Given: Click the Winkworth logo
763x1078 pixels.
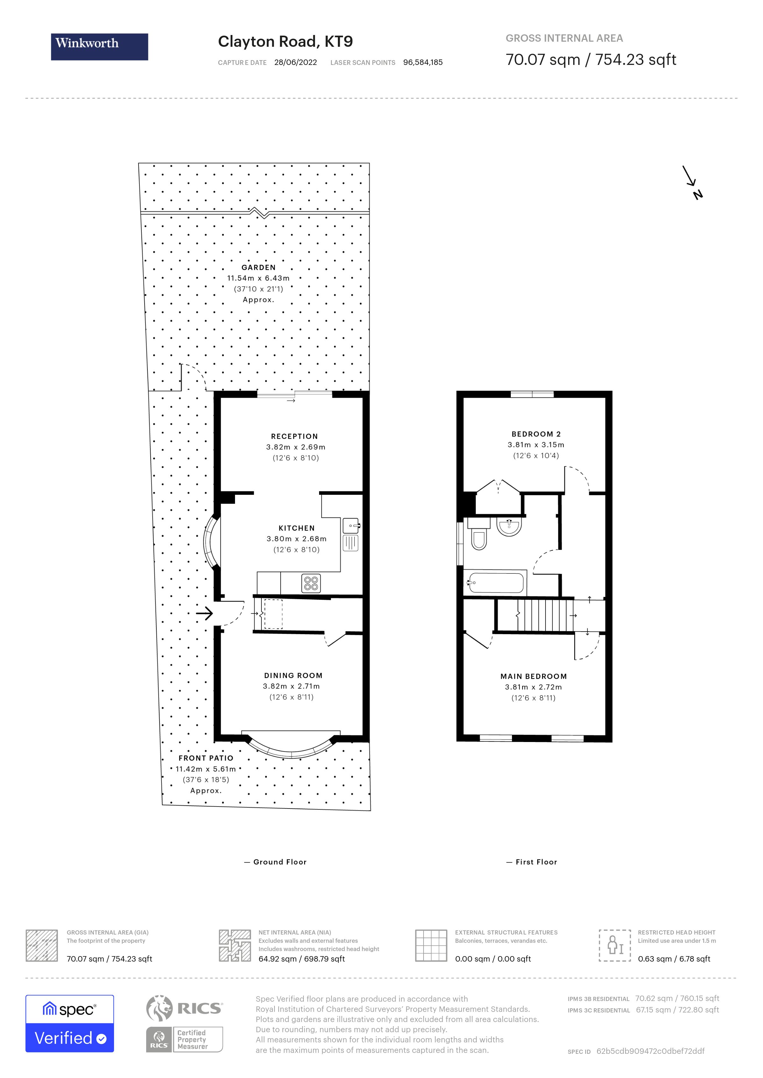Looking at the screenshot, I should pos(99,46).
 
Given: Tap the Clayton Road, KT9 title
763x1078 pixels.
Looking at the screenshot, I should pos(285,42).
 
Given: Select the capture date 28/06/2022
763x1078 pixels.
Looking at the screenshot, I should pos(296,62).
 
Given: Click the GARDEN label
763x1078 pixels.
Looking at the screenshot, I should pos(258,268).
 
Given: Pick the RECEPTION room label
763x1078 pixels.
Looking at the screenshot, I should pos(295,437).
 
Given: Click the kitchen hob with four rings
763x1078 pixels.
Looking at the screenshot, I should pos(311,583).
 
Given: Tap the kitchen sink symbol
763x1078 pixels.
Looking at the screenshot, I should pos(351,525).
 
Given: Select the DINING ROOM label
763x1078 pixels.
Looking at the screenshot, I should pos(293,675).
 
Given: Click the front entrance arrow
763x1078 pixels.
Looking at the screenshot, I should pos(204,613).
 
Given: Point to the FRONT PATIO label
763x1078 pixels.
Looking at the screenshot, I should pos(206,758).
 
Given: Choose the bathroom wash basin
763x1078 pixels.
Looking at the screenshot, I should pos(509,527).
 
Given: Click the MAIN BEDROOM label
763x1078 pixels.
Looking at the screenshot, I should pos(533,676).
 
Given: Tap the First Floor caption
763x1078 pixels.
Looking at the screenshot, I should pos(536,862).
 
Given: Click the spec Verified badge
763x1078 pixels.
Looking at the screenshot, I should pos(69,1024).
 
